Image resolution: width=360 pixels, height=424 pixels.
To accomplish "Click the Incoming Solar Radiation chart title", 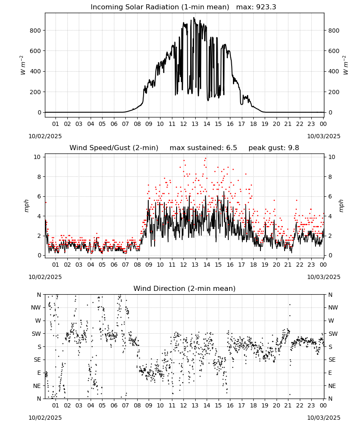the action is pos(160,7).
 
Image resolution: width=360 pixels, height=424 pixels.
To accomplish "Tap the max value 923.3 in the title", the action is pos(266,7).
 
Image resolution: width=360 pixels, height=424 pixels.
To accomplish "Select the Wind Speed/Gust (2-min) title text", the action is pos(114,148).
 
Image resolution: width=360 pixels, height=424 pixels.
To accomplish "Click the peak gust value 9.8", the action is pos(294,148).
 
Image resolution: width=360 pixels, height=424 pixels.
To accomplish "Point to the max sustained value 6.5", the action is pos(231,148).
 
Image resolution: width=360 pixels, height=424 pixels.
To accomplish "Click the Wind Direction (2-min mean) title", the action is pos(185,289).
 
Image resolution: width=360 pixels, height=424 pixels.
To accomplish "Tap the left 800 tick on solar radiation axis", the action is pos(36,31).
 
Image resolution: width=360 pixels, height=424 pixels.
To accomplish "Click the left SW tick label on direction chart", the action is pos(36,334).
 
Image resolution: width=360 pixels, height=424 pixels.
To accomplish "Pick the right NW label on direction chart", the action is pos(333,308).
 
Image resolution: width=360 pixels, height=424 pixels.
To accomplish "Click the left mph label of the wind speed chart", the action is pos(26,206).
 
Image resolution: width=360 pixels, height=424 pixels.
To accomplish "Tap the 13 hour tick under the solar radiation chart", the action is pos(195,124).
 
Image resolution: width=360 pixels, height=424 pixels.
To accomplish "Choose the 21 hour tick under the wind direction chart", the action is pos(288,406).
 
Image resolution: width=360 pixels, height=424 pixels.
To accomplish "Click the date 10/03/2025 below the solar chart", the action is pos(324,136).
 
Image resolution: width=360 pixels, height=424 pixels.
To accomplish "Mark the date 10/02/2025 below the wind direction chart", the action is pos(45,418).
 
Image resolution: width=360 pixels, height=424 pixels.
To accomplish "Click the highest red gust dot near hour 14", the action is pos(205,159).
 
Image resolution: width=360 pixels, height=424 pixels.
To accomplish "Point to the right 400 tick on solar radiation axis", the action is pos(334,72).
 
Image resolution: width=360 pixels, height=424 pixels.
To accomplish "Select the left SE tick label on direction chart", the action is pos(37,360).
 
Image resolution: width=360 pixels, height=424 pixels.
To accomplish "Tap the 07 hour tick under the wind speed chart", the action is pos(125,265).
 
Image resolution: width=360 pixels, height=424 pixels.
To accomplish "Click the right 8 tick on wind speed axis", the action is pos(330,177).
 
